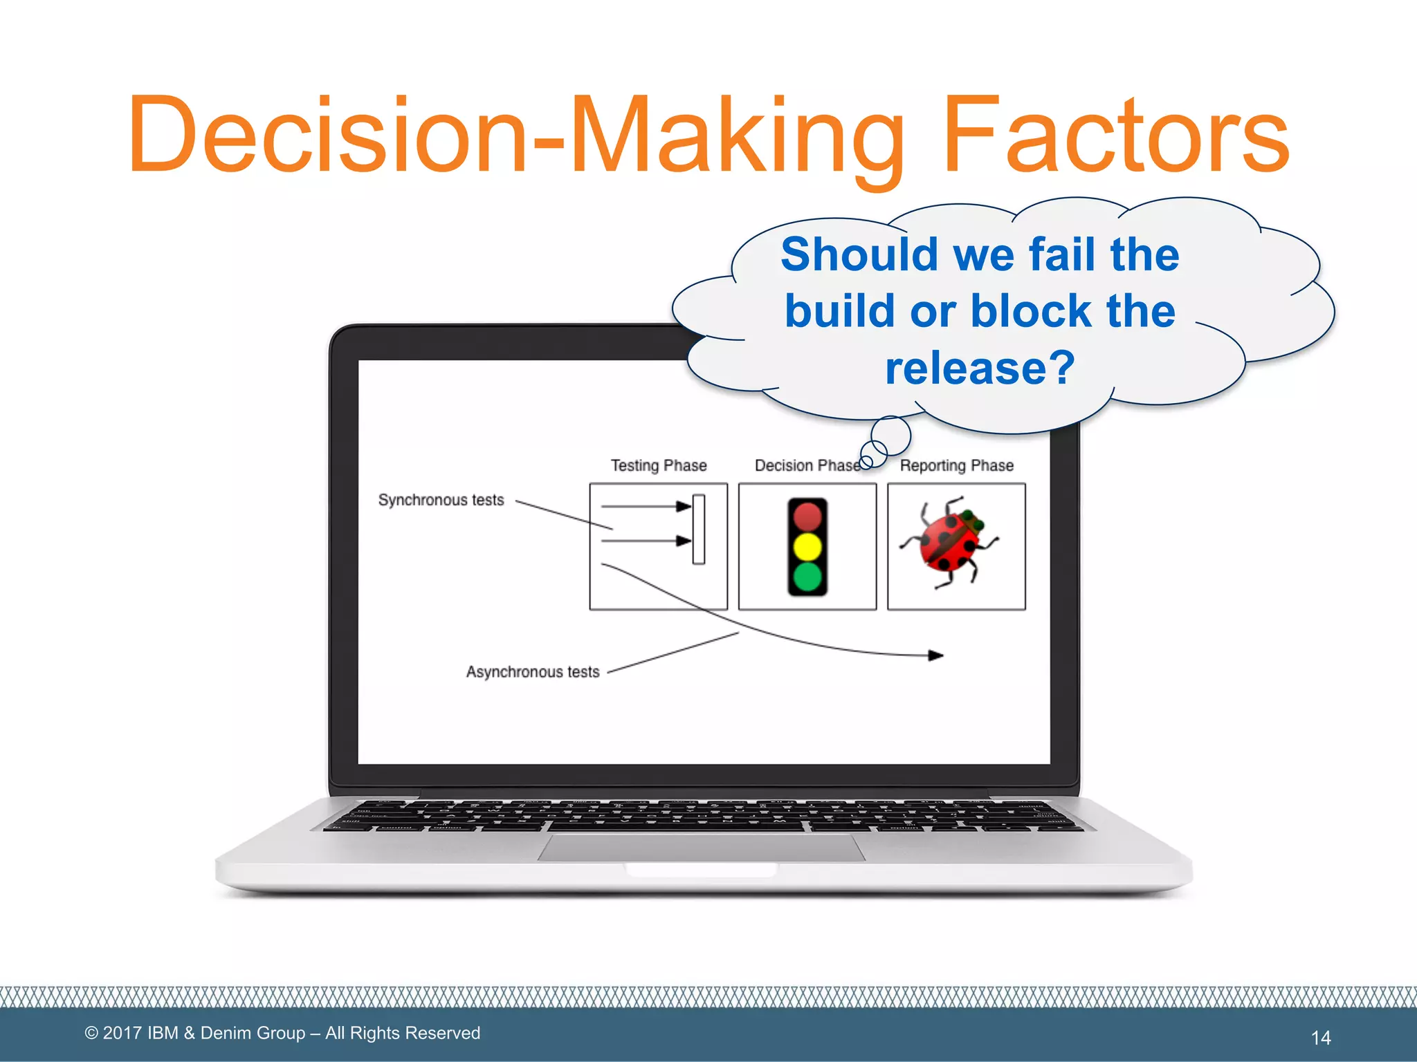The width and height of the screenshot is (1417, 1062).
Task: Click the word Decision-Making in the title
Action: pos(516,135)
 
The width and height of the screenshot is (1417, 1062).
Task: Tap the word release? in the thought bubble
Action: pos(980,367)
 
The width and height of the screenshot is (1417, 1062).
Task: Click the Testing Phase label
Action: pos(658,465)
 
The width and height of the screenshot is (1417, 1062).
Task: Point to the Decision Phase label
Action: pos(806,465)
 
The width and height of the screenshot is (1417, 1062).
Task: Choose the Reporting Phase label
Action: pos(956,465)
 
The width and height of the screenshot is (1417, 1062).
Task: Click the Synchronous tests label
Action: pos(441,500)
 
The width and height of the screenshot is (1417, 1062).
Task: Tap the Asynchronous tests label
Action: pos(532,671)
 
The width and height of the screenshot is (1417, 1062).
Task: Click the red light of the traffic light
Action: pos(807,516)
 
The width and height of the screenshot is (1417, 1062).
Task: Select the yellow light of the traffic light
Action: pos(807,546)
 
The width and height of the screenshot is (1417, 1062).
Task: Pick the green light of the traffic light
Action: pos(807,577)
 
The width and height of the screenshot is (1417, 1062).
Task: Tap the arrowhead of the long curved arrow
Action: pos(935,655)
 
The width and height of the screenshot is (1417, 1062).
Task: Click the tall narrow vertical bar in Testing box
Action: pos(699,529)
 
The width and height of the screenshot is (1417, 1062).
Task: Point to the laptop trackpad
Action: pos(701,847)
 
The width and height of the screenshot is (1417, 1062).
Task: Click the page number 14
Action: pos(1320,1037)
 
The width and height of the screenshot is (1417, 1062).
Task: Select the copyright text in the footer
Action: pos(282,1033)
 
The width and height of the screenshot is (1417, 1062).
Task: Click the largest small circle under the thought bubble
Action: pos(890,436)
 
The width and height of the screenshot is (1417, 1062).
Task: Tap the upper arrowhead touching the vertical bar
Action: pos(684,506)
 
